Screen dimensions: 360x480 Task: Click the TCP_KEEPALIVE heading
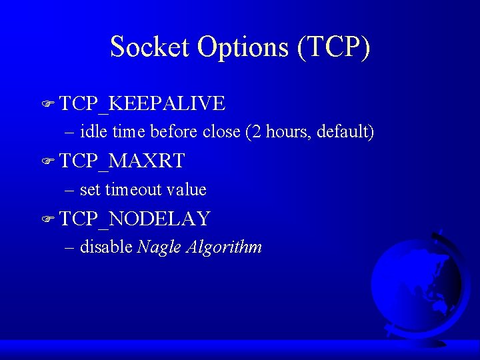click(142, 103)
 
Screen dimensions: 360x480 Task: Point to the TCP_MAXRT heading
click(122, 161)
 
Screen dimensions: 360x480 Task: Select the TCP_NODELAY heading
click(135, 218)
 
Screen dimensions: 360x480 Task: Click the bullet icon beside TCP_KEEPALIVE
click(47, 104)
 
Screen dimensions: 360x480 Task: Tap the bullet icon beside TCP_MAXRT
click(47, 161)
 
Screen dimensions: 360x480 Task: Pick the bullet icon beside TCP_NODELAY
click(47, 219)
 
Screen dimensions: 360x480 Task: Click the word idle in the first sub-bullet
click(93, 132)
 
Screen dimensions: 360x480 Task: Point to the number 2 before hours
click(257, 132)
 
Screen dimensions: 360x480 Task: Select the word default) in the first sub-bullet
click(345, 132)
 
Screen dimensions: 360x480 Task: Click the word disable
click(106, 247)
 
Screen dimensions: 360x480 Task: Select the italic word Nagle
click(159, 248)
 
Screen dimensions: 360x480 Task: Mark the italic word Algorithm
click(224, 248)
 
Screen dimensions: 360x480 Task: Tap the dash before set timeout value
click(70, 190)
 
